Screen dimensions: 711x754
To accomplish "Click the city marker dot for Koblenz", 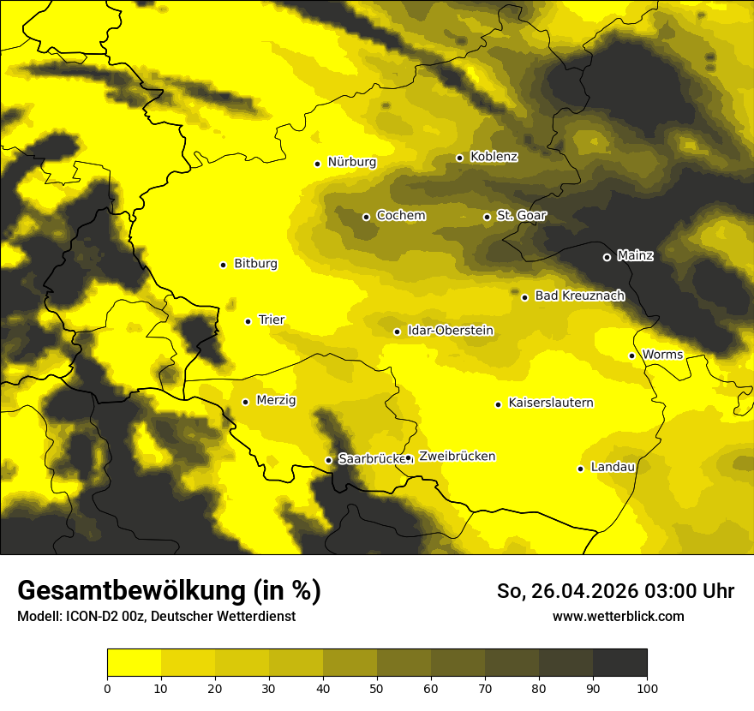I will [460, 158].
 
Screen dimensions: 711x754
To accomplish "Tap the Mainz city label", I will [635, 255].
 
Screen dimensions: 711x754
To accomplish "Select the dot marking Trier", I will [248, 321].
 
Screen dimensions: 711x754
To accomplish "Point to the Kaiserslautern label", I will [551, 403].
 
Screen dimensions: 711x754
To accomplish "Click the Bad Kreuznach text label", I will [579, 296].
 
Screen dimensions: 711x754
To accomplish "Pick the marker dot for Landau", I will [581, 469].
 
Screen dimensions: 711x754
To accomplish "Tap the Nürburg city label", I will [351, 161].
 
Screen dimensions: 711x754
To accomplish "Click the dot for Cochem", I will [367, 217].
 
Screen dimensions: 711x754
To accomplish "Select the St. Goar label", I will [521, 215].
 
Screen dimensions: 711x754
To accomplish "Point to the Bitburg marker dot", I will [224, 265].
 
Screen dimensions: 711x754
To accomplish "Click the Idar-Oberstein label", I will [451, 330].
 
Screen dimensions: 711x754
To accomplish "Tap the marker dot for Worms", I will [632, 355].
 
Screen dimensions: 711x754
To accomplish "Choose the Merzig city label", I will [276, 400].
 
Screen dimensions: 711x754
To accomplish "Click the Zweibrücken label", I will [457, 457].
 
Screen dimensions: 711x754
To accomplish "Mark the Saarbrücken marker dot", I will [329, 460].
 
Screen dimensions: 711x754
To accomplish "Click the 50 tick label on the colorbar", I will [377, 688].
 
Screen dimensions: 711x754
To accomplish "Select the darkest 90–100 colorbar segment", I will [619, 662].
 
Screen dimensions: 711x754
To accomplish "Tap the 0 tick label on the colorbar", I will [107, 688].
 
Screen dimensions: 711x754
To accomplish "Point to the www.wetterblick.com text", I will [618, 616].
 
